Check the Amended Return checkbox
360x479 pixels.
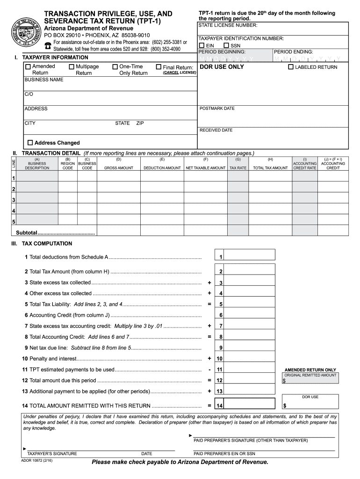pos(28,67)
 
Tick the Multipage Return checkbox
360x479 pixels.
pos(72,67)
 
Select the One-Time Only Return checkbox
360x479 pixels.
pos(115,67)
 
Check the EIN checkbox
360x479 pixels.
pos(202,45)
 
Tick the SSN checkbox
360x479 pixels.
pos(227,45)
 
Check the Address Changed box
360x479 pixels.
pos(30,143)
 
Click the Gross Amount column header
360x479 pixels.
pos(118,168)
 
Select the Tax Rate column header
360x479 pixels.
pos(238,168)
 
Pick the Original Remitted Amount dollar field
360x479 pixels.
pos(310,381)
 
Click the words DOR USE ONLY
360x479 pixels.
pos(222,67)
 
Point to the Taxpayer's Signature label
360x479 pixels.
pos(52,454)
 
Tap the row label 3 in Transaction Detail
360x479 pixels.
pos(14,200)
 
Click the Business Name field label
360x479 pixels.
pos(43,80)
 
